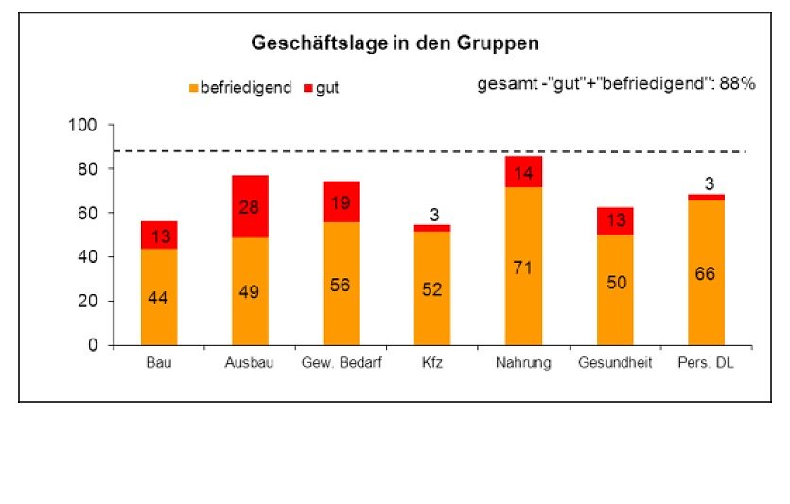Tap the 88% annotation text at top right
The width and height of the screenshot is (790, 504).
(x=616, y=84)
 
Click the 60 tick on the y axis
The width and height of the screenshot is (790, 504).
(x=86, y=213)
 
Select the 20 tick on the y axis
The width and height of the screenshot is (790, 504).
(x=86, y=301)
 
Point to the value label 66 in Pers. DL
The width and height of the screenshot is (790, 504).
(x=706, y=274)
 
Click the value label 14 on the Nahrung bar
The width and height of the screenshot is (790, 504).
(x=523, y=173)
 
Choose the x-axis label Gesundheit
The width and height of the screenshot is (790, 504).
(x=614, y=364)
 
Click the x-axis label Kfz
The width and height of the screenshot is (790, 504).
(x=431, y=364)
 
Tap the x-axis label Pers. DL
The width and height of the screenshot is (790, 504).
(x=706, y=364)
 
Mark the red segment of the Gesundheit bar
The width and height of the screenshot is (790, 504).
(x=615, y=220)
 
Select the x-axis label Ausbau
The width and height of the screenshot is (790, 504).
(x=250, y=364)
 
